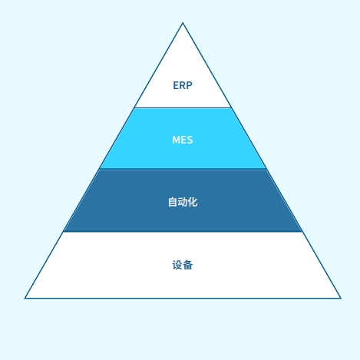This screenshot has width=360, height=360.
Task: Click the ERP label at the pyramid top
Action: [183, 85]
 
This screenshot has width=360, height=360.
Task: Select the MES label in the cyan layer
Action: [183, 140]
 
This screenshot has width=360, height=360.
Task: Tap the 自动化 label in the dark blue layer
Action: [183, 202]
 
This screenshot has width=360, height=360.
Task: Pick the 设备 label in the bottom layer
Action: [183, 265]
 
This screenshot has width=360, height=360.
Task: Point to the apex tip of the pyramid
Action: [183, 23]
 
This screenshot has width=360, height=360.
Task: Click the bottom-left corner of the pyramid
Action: [25, 298]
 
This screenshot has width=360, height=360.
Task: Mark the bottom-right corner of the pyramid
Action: [341, 298]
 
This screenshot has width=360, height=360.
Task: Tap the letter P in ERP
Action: [189, 85]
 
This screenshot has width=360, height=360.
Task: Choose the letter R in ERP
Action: [183, 85]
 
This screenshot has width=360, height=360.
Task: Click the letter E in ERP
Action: [176, 85]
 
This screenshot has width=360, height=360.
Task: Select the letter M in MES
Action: [176, 140]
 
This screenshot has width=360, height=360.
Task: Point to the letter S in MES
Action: [190, 140]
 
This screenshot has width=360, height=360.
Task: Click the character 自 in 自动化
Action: [173, 202]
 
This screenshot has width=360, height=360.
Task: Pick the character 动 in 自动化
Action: [183, 202]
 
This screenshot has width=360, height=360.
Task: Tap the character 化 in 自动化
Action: [193, 202]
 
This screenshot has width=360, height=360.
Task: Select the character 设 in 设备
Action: [177, 265]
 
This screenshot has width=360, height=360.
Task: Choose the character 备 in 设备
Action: [188, 265]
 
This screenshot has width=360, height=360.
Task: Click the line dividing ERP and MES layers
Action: [183, 107]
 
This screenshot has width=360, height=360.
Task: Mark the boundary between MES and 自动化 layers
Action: [183, 169]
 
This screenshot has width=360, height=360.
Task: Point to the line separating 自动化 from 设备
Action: [183, 232]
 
